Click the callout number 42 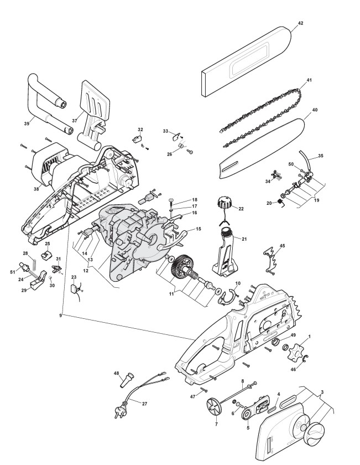(x=300, y=23)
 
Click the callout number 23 (x=74, y=277)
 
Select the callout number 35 (x=321, y=156)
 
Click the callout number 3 (x=322, y=391)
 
